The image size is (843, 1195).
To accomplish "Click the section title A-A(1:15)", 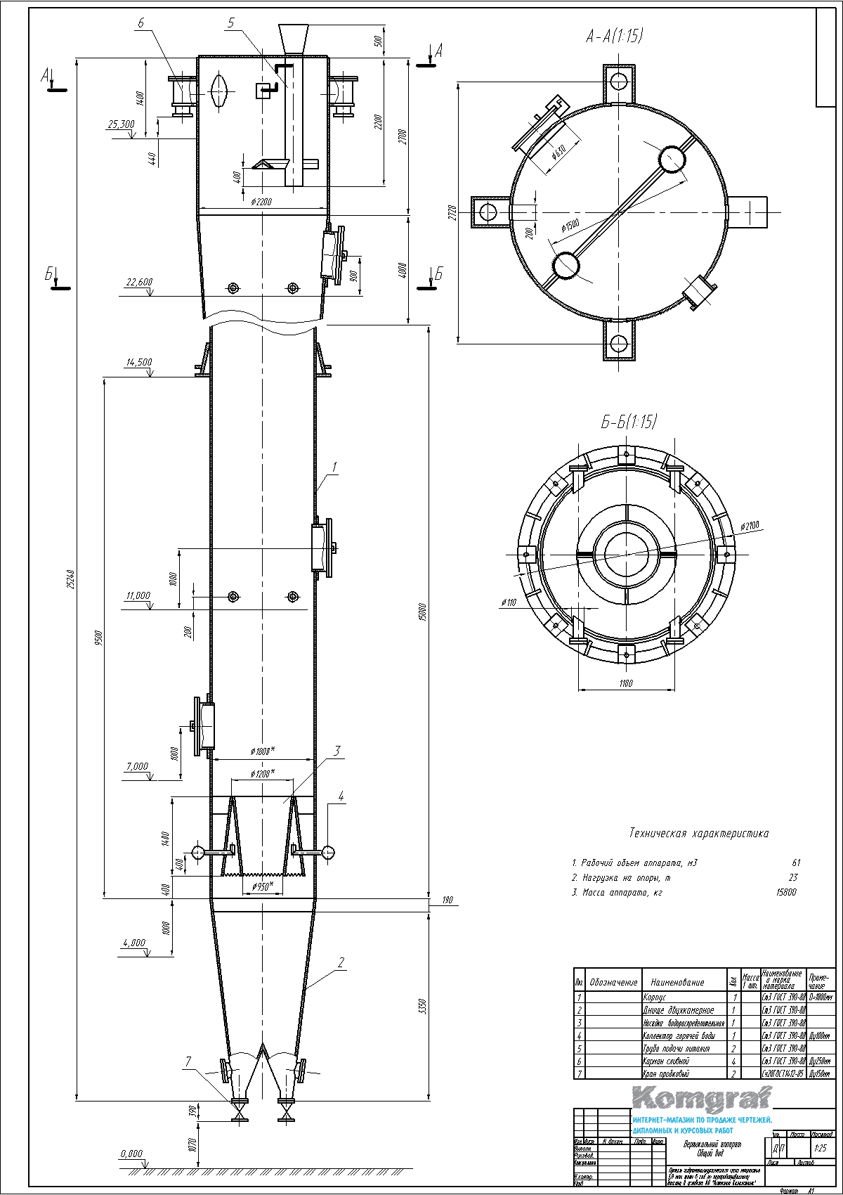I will coord(614,37).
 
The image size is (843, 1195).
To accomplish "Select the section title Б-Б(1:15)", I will coord(628,422).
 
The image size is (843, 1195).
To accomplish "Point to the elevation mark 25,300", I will coord(121,124).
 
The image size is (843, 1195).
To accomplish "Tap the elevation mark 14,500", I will coord(138,363).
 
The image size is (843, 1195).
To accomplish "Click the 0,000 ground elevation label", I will coord(131,1154).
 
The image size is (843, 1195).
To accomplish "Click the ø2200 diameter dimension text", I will coord(261,202).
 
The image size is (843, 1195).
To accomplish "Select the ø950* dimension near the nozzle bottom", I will coord(262,886).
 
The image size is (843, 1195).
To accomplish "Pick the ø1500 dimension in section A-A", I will coord(570,226).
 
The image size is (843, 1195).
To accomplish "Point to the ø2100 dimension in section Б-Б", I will coord(750,526).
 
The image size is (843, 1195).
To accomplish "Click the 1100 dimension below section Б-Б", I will coord(626,683).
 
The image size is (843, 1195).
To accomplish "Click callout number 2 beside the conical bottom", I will coord(341,963).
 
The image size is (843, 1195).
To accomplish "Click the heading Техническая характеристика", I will coord(698,834).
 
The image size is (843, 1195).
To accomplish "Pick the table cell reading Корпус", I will coord(654,997).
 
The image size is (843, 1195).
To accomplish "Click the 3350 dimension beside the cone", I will coord(421,1007).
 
